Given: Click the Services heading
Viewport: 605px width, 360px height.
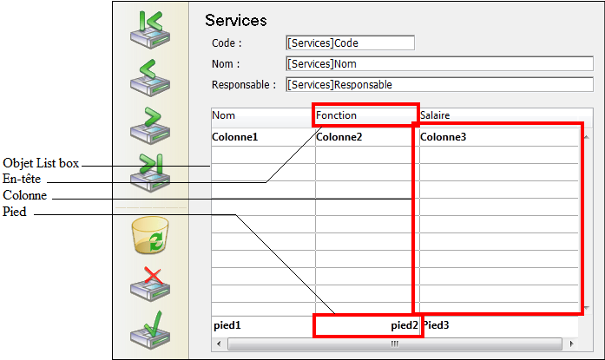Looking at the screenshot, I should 235,20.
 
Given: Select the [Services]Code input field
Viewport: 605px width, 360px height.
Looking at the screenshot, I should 350,43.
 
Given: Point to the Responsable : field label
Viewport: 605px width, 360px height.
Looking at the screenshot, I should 244,85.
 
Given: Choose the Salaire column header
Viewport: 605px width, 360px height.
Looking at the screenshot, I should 435,115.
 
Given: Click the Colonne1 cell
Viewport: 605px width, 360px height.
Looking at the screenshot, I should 235,137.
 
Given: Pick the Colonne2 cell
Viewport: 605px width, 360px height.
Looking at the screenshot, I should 339,137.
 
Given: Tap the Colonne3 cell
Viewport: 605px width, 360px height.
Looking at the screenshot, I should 444,137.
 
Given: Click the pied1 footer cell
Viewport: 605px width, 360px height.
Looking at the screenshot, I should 227,325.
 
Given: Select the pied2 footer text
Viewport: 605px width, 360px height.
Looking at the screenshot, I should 404,325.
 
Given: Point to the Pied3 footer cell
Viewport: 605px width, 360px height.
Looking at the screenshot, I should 437,325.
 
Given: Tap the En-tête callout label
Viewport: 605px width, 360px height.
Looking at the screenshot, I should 23,180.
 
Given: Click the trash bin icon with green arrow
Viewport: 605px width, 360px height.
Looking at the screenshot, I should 148,236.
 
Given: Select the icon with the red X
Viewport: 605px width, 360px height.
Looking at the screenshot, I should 148,284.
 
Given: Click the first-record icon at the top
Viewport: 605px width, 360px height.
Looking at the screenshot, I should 148,28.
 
